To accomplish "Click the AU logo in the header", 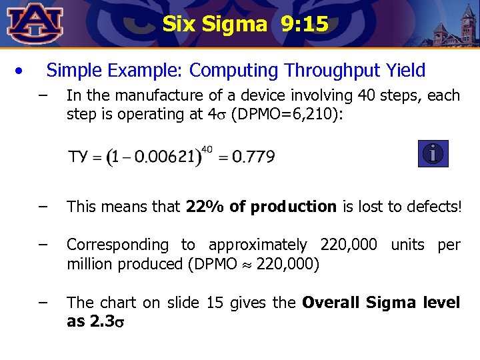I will click(35, 23).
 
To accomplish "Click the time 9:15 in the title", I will click(305, 25).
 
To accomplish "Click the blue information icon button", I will click(433, 154).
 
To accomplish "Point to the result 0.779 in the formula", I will click(252, 157).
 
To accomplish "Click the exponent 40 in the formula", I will click(207, 149).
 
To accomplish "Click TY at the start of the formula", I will click(77, 157).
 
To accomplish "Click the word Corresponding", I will click(118, 245).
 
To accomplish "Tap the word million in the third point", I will click(90, 263).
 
